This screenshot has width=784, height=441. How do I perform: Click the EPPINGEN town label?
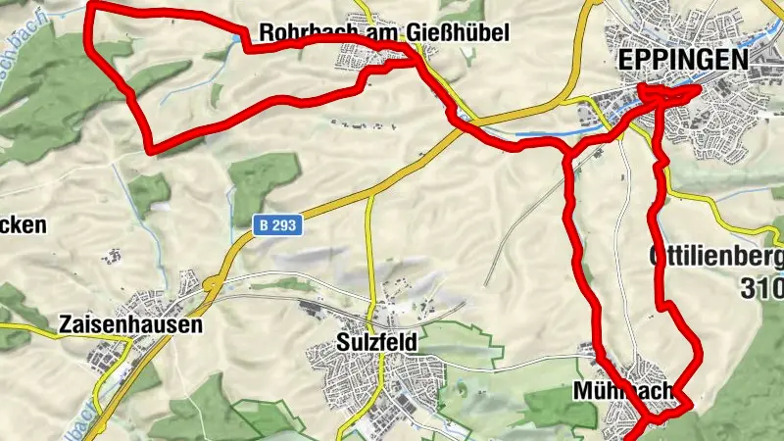click(683, 60)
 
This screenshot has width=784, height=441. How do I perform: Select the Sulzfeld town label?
click(375, 343)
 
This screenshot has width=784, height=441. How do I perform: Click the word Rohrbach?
click(297, 34)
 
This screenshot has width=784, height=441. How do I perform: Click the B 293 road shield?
click(278, 225)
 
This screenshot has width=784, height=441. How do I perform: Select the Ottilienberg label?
click(716, 258)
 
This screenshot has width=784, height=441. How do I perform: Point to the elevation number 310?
click(762, 289)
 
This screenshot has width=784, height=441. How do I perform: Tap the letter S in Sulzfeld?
click(340, 343)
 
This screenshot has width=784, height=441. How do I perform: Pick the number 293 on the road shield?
click(285, 225)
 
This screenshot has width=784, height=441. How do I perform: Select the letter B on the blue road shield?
click(265, 225)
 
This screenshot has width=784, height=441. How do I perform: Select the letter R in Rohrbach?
click(266, 34)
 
